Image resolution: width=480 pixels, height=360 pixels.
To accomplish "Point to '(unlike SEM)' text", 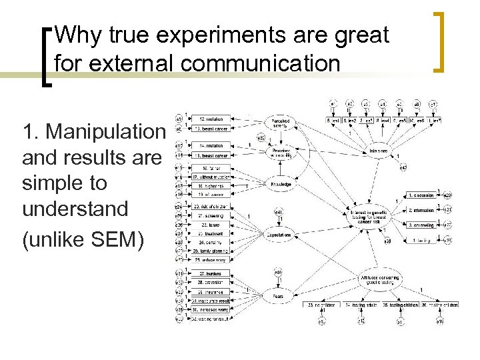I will click(83, 241).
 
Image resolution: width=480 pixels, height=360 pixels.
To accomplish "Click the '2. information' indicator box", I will click(421, 210).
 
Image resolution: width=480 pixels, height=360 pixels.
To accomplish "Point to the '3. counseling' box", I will click(421, 225).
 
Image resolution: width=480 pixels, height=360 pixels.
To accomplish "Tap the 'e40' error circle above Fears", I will click(277, 272).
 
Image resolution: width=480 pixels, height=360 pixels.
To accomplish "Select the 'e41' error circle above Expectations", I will click(278, 213).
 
